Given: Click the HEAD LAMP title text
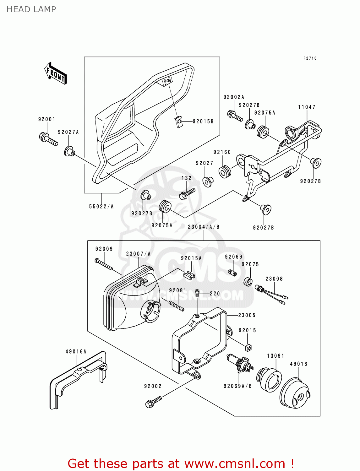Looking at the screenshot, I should (31, 9).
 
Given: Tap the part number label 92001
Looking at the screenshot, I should (47, 119).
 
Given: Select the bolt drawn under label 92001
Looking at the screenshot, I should (48, 139).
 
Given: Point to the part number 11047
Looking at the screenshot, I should (307, 107).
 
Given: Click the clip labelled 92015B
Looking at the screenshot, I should (178, 122).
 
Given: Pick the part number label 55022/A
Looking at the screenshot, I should (101, 206).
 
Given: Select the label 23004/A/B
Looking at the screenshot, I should (204, 227).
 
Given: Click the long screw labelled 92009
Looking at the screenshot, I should (104, 264).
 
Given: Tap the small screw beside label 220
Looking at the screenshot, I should (197, 293).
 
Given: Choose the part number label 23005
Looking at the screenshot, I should (247, 315).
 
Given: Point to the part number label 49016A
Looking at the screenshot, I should (76, 352).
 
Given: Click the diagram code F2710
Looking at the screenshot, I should (310, 58).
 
